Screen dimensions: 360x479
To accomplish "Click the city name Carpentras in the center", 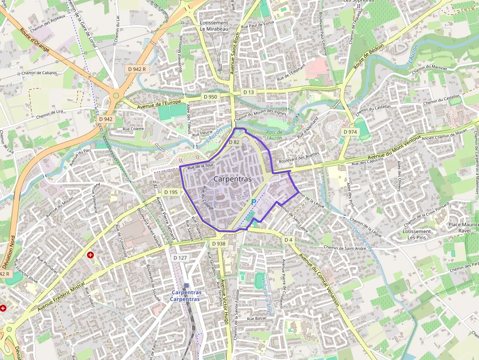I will [232, 179].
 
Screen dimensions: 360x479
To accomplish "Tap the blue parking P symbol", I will [253, 202].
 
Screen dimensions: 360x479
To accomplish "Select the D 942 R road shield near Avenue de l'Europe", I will [137, 69].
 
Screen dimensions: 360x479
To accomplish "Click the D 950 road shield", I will [210, 97].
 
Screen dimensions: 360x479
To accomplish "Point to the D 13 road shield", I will [249, 92].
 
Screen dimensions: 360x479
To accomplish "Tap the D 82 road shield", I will [234, 142].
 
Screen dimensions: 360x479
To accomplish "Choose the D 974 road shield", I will [350, 132].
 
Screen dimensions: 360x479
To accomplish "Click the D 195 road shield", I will [171, 192].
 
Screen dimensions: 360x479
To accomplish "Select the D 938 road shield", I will [219, 243].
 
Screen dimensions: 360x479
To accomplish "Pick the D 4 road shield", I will [288, 239].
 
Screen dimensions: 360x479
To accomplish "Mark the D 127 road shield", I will [180, 257].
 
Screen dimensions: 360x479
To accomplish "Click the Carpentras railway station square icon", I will [186, 286].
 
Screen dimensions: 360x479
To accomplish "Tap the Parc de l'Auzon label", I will [274, 135].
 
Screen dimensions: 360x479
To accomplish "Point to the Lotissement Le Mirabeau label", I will [214, 26].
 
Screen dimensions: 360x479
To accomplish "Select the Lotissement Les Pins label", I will [416, 234].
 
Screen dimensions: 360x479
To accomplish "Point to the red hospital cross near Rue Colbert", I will [90, 255].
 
